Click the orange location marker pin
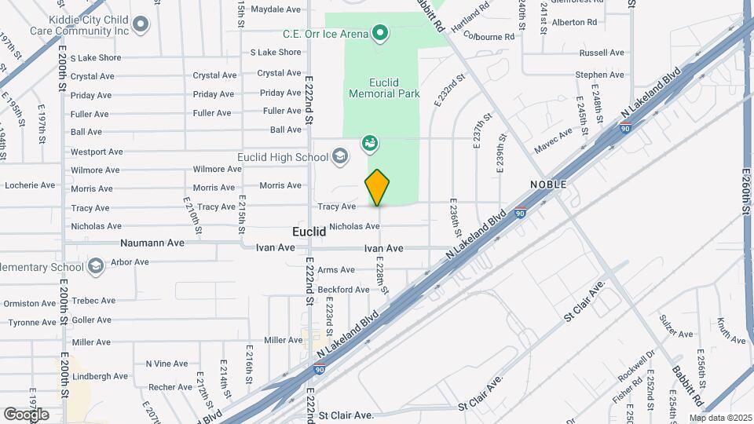pos(378,188)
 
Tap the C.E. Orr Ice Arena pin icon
pos(380,33)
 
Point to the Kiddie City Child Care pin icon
pos(141,24)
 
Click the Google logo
pos(26,414)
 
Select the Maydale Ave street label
pos(276,9)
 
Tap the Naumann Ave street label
pos(152,243)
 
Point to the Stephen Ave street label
pos(599,75)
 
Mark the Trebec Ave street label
pos(93,301)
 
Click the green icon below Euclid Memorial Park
pos(370,144)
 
